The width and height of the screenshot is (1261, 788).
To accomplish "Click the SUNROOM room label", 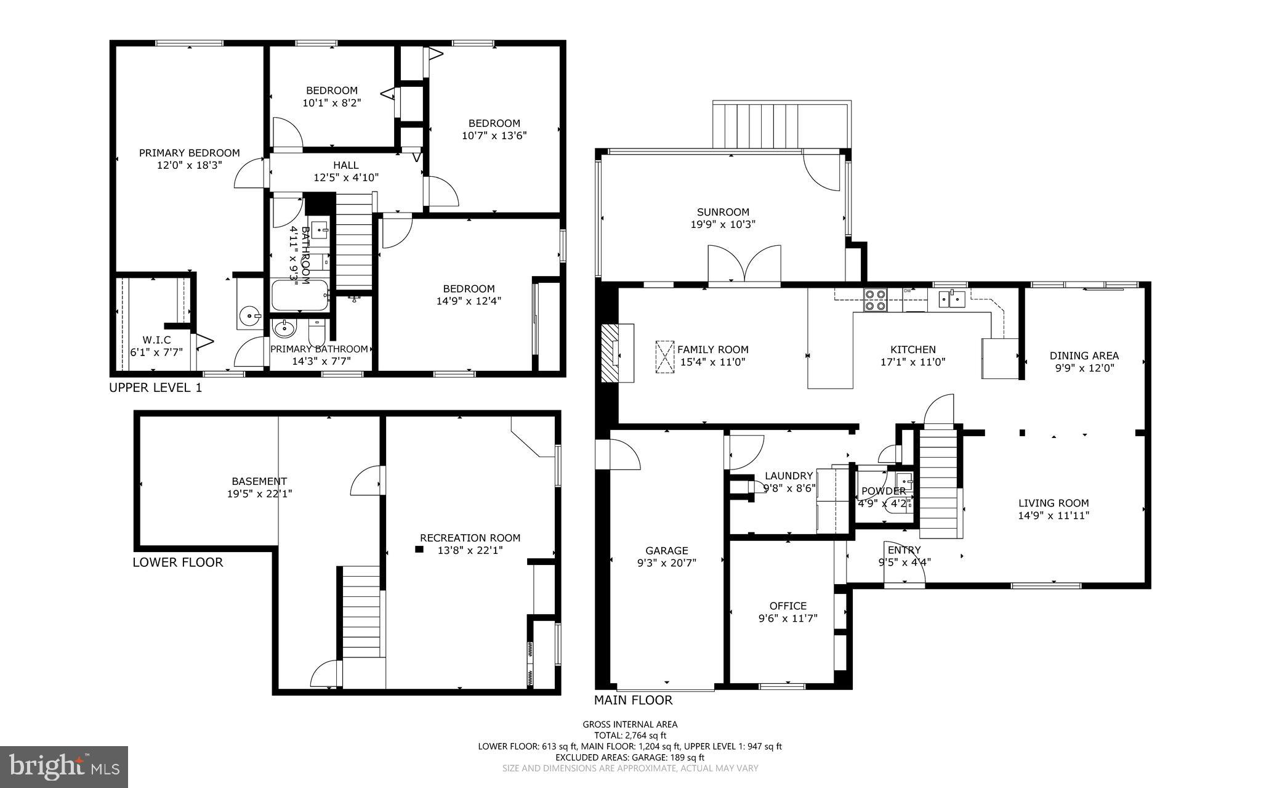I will tap(723, 212).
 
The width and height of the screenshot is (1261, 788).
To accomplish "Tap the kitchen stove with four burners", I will tap(875, 300).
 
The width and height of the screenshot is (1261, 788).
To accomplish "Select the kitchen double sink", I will tap(951, 299).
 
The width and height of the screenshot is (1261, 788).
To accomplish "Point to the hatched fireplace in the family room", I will tap(610, 354).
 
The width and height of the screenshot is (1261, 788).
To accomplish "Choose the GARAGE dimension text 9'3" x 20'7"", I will tap(666, 563).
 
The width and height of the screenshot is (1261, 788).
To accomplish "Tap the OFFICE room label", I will tap(788, 606).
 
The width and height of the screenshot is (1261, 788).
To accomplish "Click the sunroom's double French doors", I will tap(744, 265).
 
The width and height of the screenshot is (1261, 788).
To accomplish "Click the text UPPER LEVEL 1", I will tap(155, 388).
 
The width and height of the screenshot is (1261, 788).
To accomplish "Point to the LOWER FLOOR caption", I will tap(178, 562).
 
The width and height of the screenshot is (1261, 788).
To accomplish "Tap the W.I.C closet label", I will tap(156, 340).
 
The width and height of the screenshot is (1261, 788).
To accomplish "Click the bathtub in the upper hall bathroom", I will tap(300, 296).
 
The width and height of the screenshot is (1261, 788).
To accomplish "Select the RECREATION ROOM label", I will tap(470, 538).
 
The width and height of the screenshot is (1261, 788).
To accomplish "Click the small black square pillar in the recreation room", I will tap(419, 549).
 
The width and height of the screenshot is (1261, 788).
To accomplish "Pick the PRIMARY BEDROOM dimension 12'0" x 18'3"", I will tap(189, 165).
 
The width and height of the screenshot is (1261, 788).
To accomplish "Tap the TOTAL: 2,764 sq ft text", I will tap(630, 735).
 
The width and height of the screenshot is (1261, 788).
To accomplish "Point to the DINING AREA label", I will tap(1084, 355).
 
